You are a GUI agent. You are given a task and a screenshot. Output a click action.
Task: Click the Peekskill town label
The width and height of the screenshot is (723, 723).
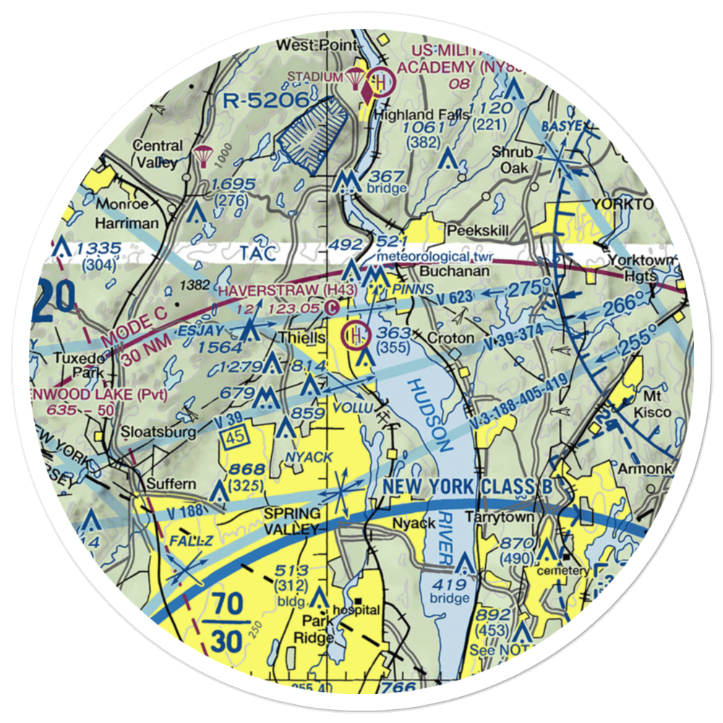(x=478, y=230)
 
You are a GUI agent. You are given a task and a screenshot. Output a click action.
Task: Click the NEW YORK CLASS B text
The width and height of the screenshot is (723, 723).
(x=468, y=487)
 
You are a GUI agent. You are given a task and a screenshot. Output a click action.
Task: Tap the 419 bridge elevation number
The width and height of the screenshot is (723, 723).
(x=450, y=583)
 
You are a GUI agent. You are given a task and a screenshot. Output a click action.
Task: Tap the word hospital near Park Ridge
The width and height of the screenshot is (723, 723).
(x=355, y=609)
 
